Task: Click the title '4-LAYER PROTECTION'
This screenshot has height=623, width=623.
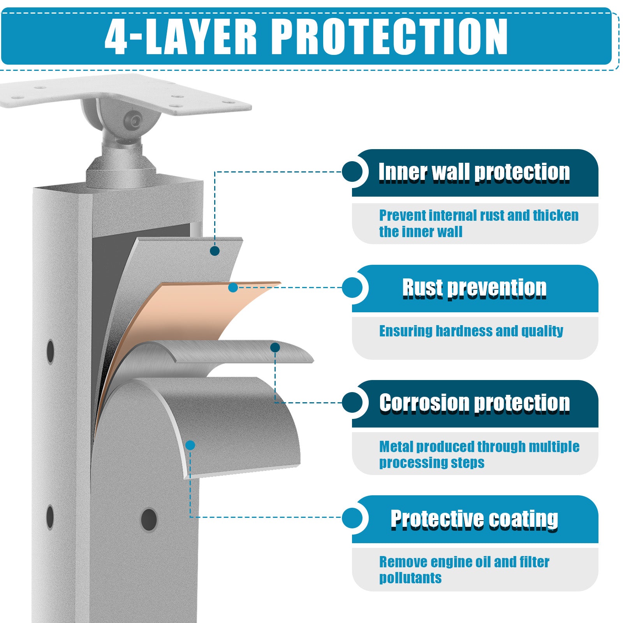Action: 306,36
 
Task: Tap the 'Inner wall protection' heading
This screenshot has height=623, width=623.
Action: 474,172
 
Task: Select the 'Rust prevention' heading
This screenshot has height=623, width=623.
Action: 474,288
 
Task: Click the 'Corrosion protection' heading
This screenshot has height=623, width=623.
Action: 474,403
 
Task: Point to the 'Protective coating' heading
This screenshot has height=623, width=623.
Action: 474,519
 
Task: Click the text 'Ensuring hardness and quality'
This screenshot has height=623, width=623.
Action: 471,331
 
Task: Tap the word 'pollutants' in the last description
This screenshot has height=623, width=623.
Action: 410,578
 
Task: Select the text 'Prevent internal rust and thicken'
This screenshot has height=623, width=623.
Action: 479,215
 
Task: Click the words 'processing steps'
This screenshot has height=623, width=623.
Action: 432,463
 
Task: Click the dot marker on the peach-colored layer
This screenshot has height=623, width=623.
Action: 233,288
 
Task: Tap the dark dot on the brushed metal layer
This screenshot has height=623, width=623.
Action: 275,347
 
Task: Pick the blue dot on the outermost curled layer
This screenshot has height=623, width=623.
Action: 190,445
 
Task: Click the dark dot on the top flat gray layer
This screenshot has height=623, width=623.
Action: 215,251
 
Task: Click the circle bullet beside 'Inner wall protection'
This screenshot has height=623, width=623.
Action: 352,172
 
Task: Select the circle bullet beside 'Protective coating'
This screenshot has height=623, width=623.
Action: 352,518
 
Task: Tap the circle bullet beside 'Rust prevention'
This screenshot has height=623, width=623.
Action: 352,288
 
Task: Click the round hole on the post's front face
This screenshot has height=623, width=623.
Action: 149,519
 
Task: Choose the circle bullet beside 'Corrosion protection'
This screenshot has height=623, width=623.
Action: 352,403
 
